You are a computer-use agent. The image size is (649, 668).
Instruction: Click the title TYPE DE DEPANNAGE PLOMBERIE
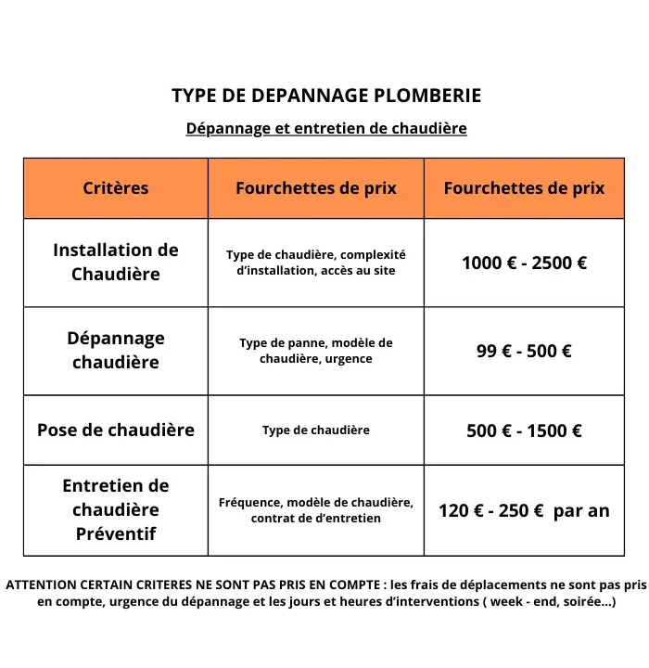[326, 96]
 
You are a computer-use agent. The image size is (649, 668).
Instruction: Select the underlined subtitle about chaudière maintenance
[326, 128]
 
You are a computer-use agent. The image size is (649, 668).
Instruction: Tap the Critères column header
[116, 188]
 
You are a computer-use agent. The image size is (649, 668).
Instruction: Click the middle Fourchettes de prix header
[316, 188]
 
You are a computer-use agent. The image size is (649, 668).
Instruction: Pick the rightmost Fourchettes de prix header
[524, 188]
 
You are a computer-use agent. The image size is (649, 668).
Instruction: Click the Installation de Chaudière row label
[116, 262]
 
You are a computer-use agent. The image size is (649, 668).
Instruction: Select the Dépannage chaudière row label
[116, 350]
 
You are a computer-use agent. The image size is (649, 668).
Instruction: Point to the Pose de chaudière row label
[116, 430]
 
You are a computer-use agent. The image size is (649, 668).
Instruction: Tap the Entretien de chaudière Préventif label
[116, 509]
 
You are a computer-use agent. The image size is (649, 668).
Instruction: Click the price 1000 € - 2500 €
[524, 263]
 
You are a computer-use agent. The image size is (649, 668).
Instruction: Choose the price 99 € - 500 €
[524, 351]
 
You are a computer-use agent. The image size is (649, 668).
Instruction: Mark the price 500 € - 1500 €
[524, 430]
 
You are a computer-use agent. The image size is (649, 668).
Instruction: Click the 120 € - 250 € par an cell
[524, 510]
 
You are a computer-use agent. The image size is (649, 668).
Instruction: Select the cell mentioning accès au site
[316, 263]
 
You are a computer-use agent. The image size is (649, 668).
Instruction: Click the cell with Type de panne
[316, 351]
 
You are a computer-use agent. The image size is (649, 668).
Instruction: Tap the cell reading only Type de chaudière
[316, 430]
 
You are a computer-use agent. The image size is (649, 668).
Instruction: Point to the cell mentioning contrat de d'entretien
[316, 510]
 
